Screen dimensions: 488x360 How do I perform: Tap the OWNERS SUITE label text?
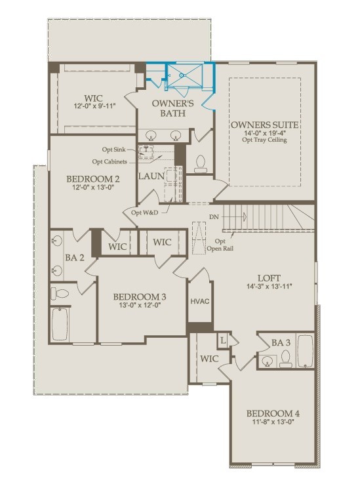[x=265, y=125]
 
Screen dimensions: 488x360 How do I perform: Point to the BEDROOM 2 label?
[x=92, y=178]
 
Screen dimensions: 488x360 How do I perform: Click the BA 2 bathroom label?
[x=73, y=258]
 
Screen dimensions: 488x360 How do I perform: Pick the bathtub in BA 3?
[x=306, y=352]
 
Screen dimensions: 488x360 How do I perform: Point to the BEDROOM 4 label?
[x=273, y=413]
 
